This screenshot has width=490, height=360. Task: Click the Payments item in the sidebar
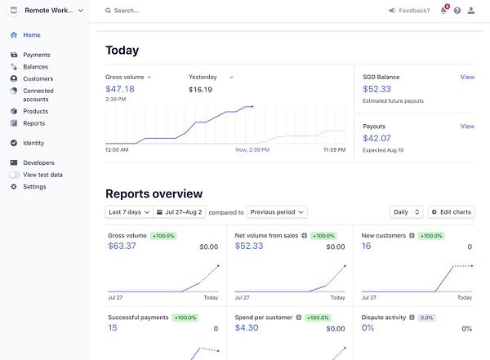[36, 55]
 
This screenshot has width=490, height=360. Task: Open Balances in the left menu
[35, 67]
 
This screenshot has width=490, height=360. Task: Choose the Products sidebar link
[35, 111]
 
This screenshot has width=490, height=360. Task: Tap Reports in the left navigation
[33, 123]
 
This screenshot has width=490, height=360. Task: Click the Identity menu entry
[33, 143]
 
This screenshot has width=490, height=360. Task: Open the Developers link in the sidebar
[38, 162]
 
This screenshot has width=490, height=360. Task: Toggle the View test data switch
[15, 175]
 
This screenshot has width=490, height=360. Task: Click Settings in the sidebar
[34, 187]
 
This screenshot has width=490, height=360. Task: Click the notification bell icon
[443, 11]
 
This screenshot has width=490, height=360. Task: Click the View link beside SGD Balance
[467, 77]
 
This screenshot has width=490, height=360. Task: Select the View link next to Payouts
[467, 127]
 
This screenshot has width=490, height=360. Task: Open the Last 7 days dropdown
[127, 212]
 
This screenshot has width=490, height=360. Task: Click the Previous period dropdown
[277, 212]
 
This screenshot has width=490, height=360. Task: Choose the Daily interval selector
[406, 212]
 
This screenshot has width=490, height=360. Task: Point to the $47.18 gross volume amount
[120, 89]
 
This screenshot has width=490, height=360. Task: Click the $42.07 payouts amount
[376, 139]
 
